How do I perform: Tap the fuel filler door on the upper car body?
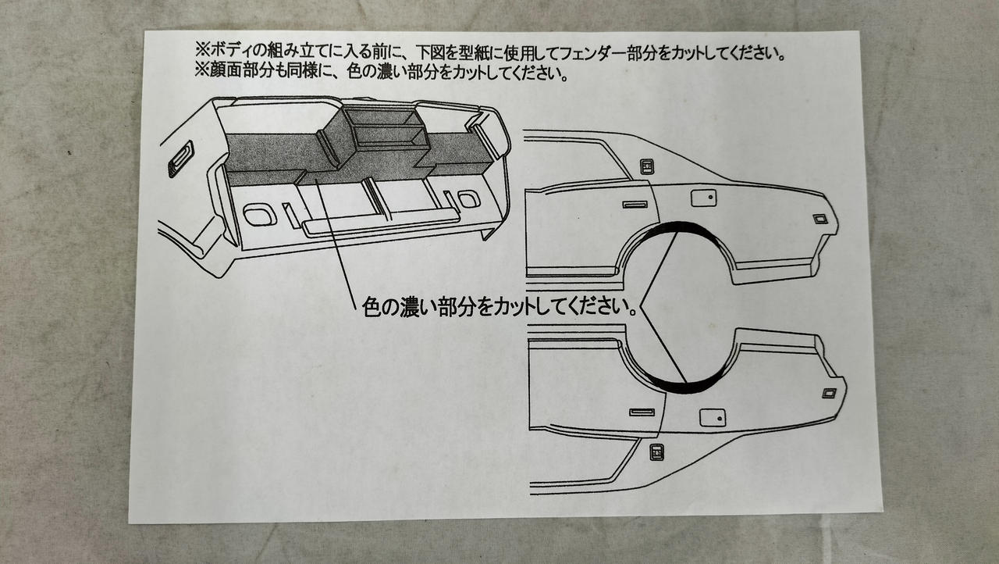(x=703, y=198)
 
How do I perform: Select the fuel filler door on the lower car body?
(x=713, y=418)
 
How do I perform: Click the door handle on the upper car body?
(x=635, y=205)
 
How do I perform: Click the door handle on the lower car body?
(x=642, y=412)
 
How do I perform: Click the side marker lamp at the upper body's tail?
(x=819, y=219)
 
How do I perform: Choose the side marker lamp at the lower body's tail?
(x=829, y=393)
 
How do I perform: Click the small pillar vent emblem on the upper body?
(x=647, y=166)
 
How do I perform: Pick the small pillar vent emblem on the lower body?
(x=656, y=451)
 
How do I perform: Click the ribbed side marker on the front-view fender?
(x=180, y=158)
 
